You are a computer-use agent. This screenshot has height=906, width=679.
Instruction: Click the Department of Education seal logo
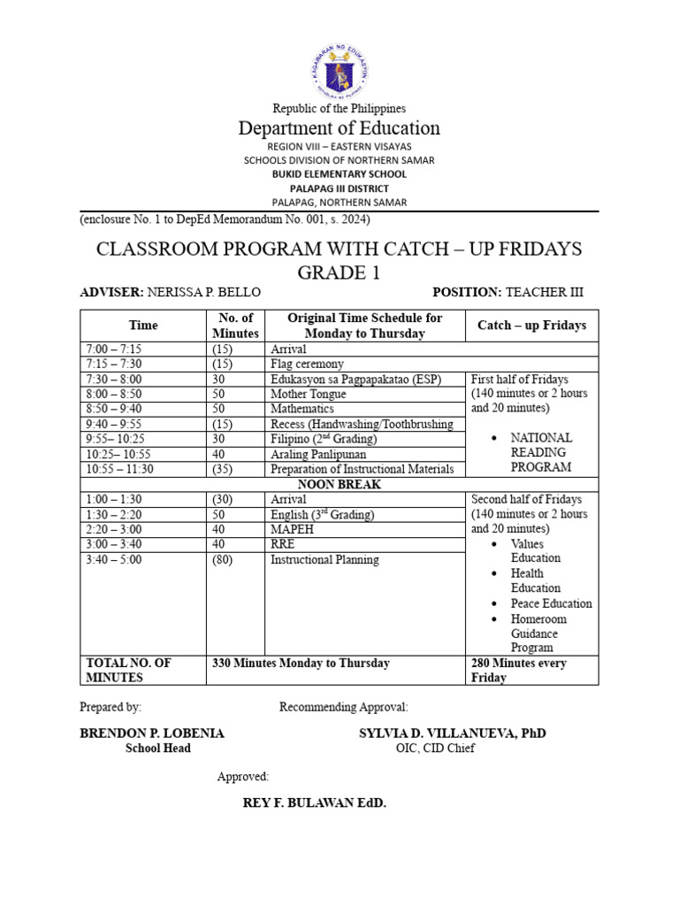coord(339,72)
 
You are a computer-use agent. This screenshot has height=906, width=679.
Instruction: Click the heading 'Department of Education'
coord(339,128)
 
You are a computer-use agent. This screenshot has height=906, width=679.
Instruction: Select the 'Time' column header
coord(143,326)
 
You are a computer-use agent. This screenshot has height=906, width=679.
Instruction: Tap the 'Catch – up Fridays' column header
coord(531,326)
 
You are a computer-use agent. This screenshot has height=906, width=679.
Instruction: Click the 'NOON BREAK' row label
coord(339,484)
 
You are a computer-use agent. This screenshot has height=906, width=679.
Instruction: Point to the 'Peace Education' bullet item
coord(551,603)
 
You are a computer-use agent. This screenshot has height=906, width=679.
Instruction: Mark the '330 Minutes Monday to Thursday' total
coord(301,663)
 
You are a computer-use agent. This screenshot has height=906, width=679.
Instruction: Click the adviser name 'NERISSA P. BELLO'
coord(204,292)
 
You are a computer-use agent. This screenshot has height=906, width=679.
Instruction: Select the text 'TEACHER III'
coord(545,292)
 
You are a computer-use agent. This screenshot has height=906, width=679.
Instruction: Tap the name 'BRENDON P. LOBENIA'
coord(152,733)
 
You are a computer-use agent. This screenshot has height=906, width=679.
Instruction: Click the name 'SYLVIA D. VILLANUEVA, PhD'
coord(452,733)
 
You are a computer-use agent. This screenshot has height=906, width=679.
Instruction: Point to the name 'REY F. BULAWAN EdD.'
coord(315,803)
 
